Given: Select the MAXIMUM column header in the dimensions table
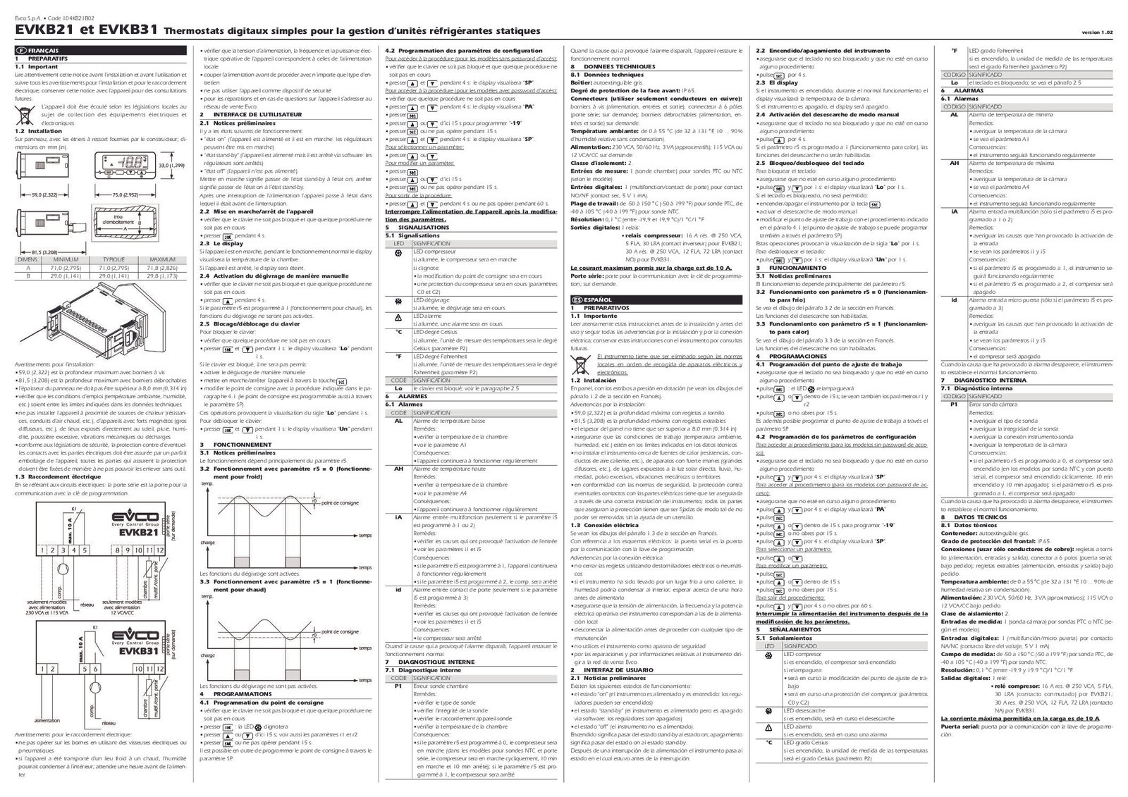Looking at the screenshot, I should [162, 259].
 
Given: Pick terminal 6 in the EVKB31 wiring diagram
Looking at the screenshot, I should [94, 669].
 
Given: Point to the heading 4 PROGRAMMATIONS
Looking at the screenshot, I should [237, 694].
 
